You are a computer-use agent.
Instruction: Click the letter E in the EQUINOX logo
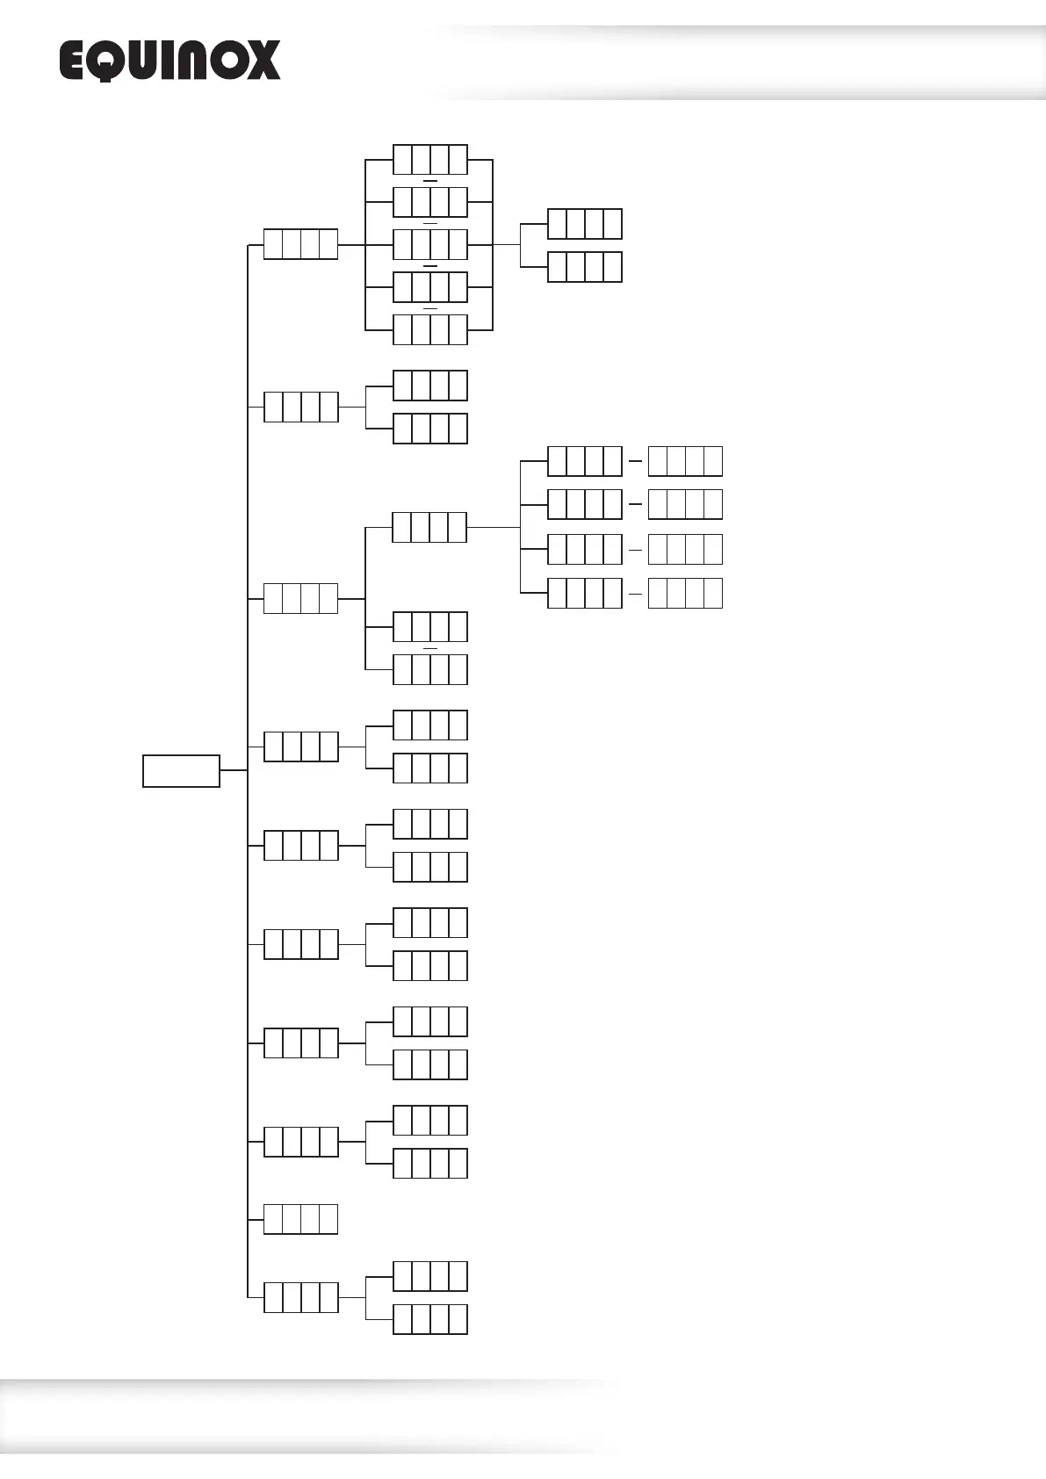coord(75,61)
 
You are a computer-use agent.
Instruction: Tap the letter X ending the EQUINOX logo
coord(263,61)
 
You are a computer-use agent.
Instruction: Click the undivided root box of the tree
coord(181,770)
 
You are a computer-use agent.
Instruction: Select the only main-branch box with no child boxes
coord(300,1219)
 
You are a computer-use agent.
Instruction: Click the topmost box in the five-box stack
coord(429,160)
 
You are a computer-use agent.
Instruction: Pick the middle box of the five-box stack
coord(429,244)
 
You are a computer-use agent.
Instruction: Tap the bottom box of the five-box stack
coord(429,329)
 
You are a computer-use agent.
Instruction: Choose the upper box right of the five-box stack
coord(584,224)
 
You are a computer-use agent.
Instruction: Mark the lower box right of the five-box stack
coord(584,267)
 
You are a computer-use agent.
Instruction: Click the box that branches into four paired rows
coord(429,527)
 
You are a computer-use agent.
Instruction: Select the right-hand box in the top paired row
coord(685,461)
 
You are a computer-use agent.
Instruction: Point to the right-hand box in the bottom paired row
coord(685,593)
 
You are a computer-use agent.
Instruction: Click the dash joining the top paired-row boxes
coord(635,461)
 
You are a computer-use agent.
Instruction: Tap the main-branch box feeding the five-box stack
coord(300,244)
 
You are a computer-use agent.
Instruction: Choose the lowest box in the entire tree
coord(429,1319)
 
